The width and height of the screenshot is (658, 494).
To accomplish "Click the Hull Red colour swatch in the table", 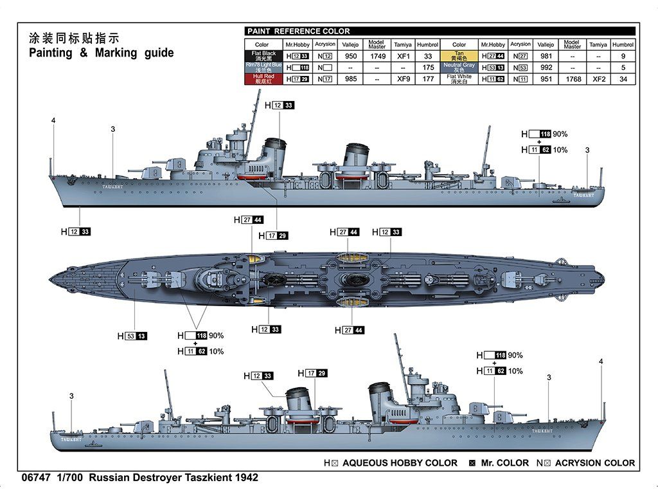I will click(263, 79).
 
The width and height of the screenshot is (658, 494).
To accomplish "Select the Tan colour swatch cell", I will click(459, 56).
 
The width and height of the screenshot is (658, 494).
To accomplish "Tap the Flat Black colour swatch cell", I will click(263, 56).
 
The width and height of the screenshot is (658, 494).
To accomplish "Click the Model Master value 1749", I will click(377, 56).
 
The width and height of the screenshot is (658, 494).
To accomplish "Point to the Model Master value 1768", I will click(572, 79).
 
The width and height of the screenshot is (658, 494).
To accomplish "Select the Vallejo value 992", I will click(546, 68).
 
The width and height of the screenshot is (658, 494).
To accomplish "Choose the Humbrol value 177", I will click(428, 79).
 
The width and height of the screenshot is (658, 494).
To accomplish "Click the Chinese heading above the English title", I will click(74, 37).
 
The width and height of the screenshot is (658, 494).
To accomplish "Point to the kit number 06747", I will click(36, 478).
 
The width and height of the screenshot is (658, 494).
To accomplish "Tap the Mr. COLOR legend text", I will click(504, 462).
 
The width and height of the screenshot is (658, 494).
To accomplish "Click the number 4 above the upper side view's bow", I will click(53, 120).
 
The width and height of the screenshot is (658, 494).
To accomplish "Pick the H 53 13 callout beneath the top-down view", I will click(132, 336).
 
